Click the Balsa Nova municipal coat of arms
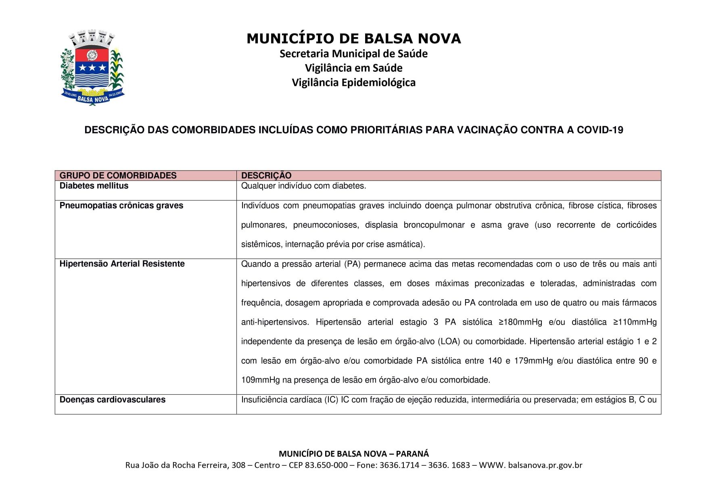92,68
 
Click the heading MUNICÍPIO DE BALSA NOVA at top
353,39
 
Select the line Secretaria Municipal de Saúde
353,54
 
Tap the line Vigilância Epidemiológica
353,83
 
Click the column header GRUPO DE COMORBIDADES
118,175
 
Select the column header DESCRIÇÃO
266,175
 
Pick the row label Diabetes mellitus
94,186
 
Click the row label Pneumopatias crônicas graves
121,206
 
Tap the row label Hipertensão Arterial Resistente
122,264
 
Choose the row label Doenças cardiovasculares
112,400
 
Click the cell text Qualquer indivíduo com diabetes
303,186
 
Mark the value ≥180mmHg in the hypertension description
520,322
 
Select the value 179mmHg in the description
533,361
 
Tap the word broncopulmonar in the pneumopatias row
434,225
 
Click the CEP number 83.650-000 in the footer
326,465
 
